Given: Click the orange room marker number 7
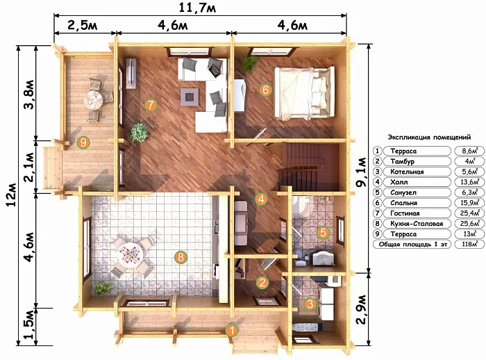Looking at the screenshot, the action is [x=151, y=105].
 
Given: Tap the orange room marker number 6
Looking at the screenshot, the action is [x=265, y=90].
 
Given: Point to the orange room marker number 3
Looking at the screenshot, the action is [x=310, y=304].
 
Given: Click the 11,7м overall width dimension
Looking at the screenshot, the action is [x=197, y=8].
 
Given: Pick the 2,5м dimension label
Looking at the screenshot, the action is [x=83, y=25].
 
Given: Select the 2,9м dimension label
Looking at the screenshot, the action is [x=361, y=309].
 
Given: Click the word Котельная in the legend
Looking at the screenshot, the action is [x=407, y=172].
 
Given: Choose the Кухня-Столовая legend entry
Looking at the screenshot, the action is [x=417, y=224].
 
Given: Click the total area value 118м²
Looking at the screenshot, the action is [x=469, y=244].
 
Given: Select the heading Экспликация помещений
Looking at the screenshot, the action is [x=429, y=137].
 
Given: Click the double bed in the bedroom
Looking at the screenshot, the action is [x=304, y=93].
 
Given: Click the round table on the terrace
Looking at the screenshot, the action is [x=93, y=99].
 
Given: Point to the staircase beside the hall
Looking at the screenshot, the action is [x=309, y=167].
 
